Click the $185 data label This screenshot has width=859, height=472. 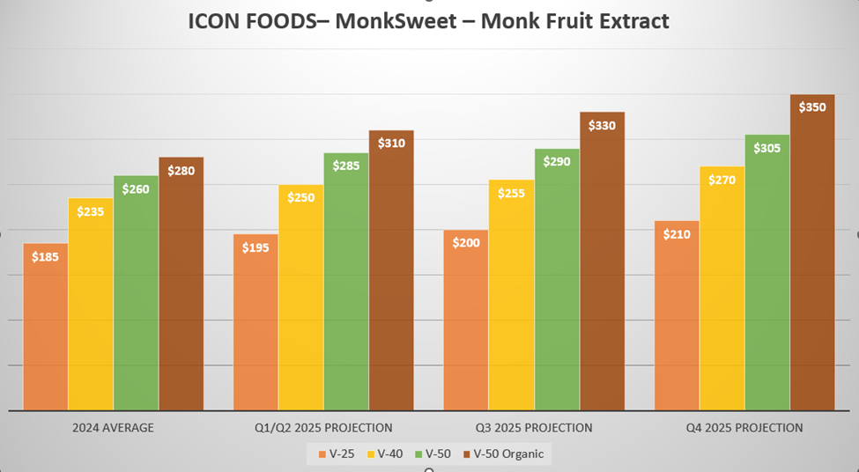point(45,257)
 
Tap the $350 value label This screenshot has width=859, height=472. point(811,107)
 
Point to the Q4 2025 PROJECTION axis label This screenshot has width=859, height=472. point(745,428)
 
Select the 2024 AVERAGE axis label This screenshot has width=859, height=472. point(113,428)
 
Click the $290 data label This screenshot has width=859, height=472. point(556,162)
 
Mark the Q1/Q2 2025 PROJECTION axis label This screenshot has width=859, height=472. point(323,428)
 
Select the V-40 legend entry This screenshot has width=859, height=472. point(386,454)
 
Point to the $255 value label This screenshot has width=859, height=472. point(511,194)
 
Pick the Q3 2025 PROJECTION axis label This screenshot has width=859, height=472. point(534,428)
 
